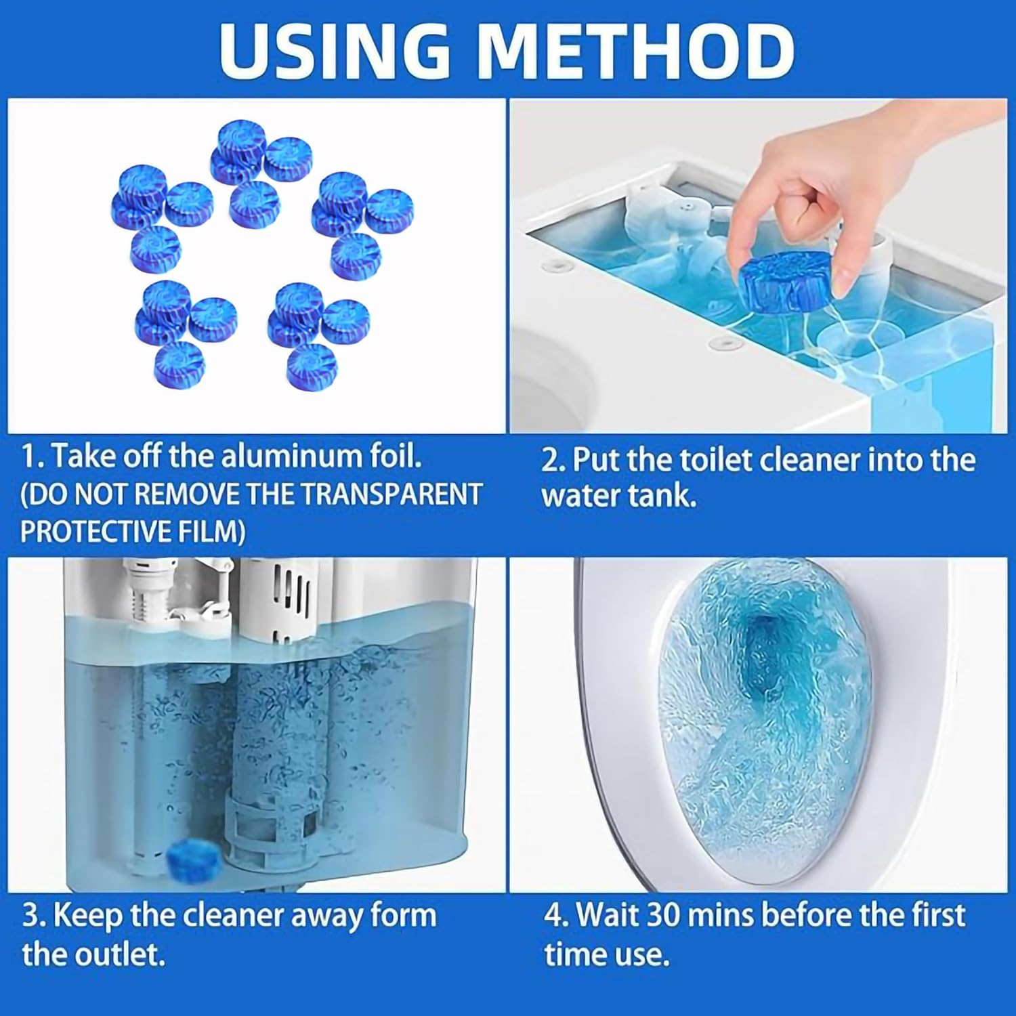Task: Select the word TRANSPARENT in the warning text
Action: [x=391, y=494]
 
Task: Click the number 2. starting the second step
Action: [x=553, y=461]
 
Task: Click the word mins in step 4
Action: [x=721, y=915]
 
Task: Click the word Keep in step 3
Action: [x=87, y=916]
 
